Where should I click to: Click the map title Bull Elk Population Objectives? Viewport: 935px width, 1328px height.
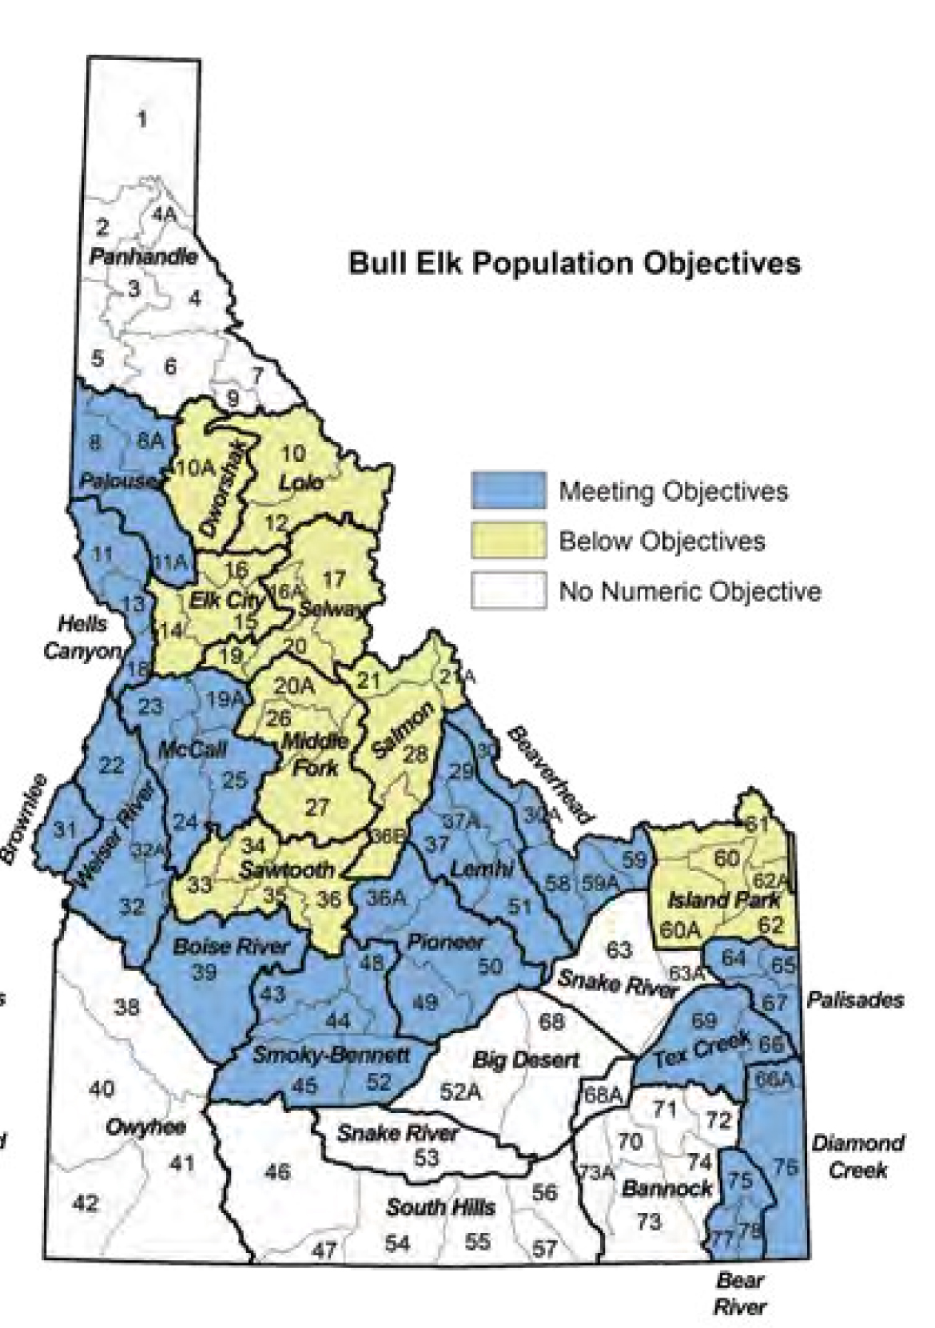(x=574, y=263)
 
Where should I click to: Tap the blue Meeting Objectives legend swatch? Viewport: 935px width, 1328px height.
(x=508, y=490)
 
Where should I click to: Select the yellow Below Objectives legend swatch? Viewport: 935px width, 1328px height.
(x=508, y=540)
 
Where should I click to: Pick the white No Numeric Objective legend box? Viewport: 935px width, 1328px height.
(x=508, y=590)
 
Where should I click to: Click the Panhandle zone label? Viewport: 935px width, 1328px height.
(x=143, y=256)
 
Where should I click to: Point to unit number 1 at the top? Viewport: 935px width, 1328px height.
(x=142, y=120)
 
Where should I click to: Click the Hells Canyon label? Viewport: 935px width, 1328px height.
(x=81, y=637)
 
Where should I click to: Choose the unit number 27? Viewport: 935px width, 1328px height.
(x=317, y=807)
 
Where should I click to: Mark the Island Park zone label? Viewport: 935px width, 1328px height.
(x=723, y=900)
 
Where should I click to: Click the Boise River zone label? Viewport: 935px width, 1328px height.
(x=231, y=947)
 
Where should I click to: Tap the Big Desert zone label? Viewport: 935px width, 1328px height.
(x=524, y=1060)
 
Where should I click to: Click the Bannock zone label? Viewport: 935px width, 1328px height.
(x=666, y=1187)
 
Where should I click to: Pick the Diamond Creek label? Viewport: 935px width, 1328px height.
(x=858, y=1156)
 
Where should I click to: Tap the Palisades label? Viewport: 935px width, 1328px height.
(x=855, y=1000)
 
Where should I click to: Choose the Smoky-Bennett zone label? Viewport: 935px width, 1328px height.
(x=331, y=1055)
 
